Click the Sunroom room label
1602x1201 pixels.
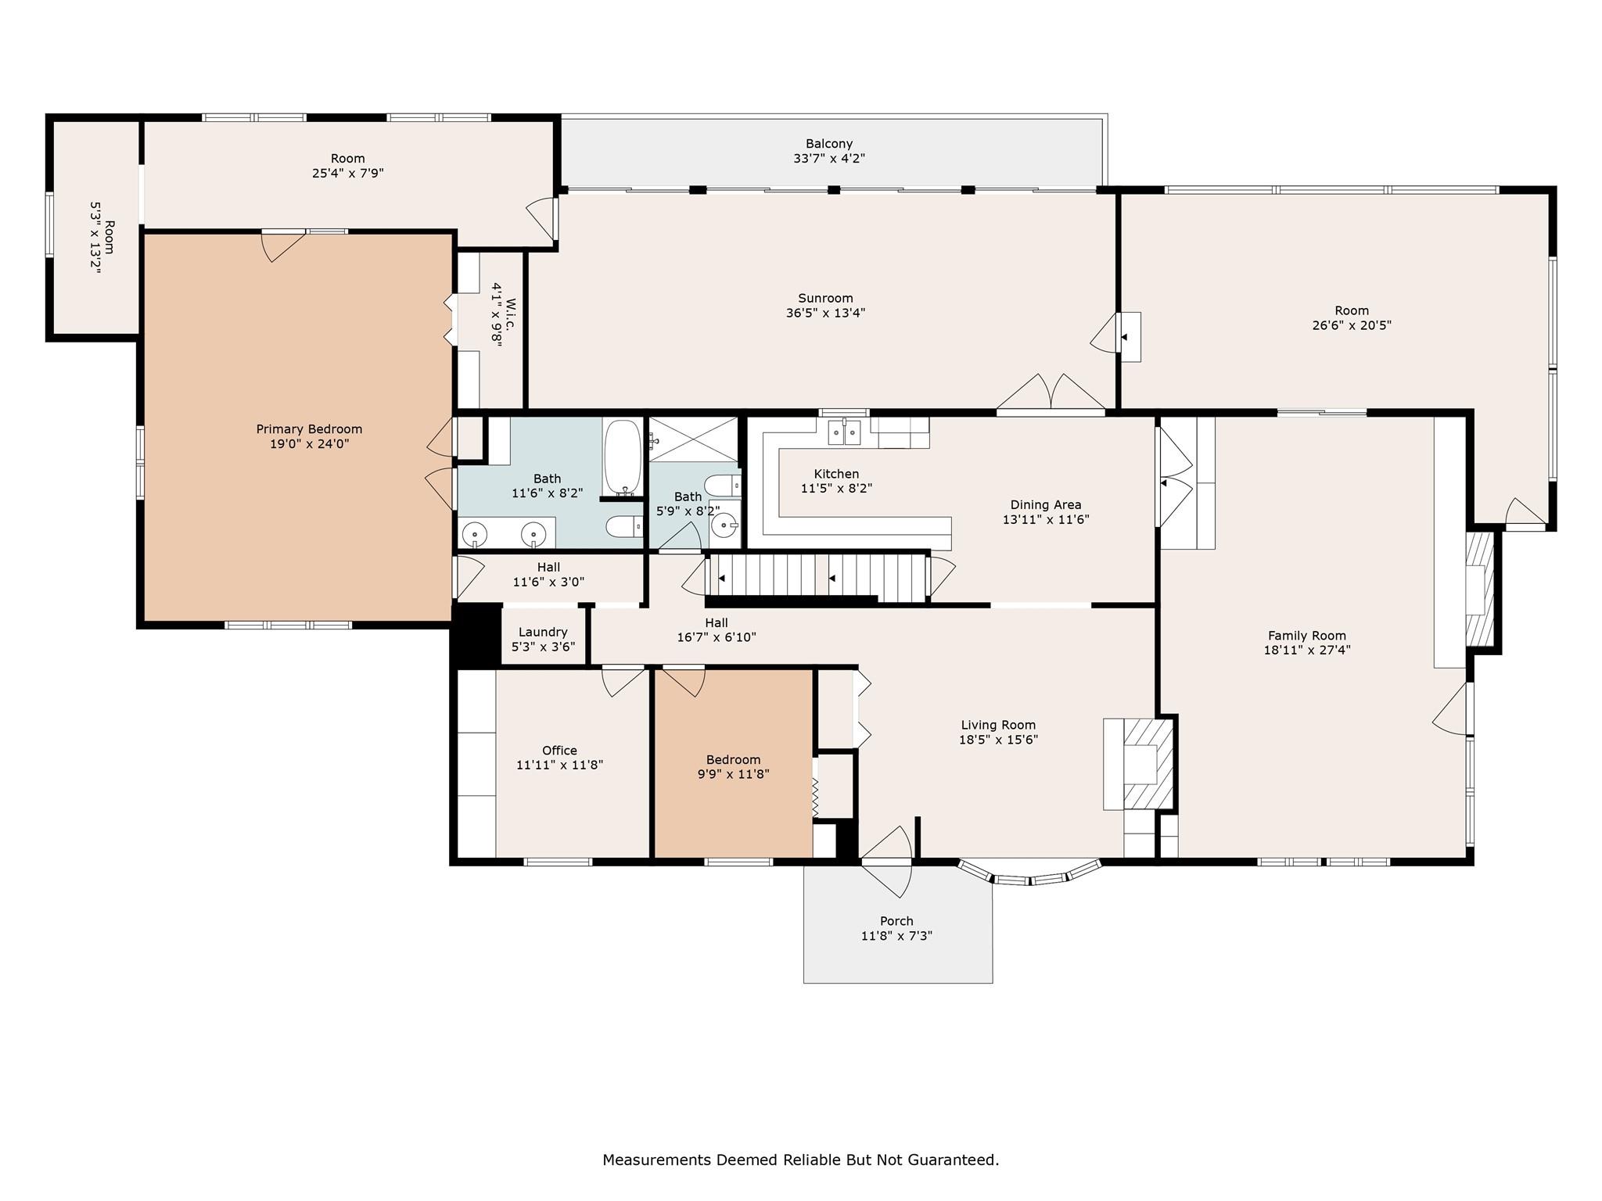click(x=825, y=298)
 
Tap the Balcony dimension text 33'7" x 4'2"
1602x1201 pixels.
click(x=829, y=158)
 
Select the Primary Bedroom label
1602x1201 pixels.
click(x=309, y=429)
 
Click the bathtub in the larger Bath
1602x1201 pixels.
click(x=623, y=457)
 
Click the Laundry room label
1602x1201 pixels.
click(x=543, y=632)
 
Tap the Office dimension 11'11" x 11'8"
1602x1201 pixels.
click(x=559, y=765)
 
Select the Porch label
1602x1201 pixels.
click(x=896, y=921)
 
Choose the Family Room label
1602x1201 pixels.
click(x=1307, y=636)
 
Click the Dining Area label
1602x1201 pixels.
click(x=1046, y=504)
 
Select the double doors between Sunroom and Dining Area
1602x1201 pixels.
click(x=1051, y=393)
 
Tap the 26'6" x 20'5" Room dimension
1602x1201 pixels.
click(x=1352, y=325)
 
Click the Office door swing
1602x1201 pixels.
click(x=623, y=681)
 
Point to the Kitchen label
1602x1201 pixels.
click(x=836, y=474)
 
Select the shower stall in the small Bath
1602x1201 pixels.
click(x=694, y=439)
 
